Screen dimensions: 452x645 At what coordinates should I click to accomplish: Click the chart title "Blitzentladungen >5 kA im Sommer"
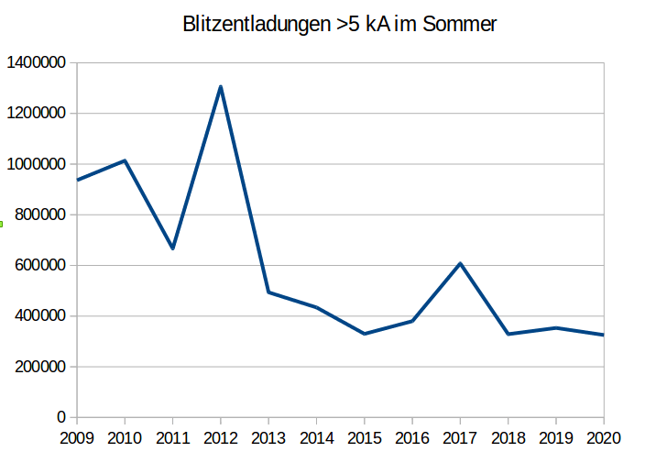[340, 25]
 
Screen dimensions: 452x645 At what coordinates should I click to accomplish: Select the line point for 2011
[172, 248]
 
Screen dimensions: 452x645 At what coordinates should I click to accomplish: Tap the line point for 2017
[460, 263]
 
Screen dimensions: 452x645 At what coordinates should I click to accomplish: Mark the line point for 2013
[268, 292]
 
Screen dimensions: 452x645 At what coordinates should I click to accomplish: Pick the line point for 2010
[125, 160]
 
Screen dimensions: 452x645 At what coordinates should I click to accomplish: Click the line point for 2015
[365, 334]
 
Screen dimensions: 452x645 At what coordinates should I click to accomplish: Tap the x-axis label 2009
[77, 437]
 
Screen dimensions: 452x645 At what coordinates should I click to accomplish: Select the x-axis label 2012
[221, 437]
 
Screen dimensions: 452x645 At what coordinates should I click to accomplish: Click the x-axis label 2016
[412, 437]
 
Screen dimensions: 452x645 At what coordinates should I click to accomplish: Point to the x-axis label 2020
[603, 437]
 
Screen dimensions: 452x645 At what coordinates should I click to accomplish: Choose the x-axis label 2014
[316, 437]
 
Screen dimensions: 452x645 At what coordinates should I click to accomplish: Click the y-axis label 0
[60, 417]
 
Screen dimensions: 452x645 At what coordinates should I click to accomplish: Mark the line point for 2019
[556, 327]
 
